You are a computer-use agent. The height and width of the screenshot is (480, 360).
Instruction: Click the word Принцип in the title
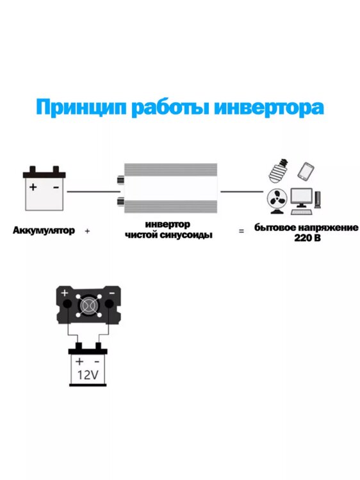(81, 108)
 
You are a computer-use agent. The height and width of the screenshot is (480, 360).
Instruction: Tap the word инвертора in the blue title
(268, 108)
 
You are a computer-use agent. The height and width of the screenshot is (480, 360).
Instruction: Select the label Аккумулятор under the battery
(44, 230)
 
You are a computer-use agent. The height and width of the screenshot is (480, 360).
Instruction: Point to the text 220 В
(307, 238)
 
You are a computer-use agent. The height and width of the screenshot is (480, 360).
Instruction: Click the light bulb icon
(278, 170)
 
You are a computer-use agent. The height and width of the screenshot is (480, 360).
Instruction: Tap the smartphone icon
(306, 171)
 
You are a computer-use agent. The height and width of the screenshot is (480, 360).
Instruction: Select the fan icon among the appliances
(277, 202)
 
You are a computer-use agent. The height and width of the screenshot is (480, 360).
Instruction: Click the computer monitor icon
(302, 198)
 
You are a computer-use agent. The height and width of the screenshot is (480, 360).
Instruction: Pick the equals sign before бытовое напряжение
(241, 231)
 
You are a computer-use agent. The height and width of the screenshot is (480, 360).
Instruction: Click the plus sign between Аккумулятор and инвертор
(87, 231)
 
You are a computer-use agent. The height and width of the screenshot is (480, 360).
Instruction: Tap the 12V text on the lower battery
(88, 375)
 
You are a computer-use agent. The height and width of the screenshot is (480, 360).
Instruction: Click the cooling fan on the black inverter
(89, 305)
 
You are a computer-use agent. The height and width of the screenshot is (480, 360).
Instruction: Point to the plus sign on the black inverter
(64, 293)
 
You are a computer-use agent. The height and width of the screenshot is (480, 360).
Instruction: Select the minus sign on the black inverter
(112, 293)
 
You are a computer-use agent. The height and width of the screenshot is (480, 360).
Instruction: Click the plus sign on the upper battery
(33, 187)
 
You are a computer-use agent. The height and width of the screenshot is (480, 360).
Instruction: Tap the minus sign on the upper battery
(56, 187)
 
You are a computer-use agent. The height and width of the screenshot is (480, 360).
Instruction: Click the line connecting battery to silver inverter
(94, 192)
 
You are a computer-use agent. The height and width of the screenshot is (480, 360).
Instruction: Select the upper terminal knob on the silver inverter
(120, 180)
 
